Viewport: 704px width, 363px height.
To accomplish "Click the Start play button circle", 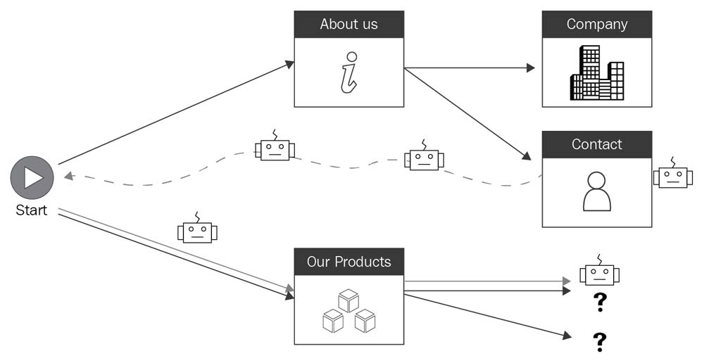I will click(32, 177).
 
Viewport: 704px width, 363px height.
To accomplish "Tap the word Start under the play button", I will click(31, 210).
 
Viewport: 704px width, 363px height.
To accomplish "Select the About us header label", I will click(348, 24).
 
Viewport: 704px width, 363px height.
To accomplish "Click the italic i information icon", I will click(348, 72).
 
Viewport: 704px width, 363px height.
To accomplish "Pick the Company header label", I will click(596, 24).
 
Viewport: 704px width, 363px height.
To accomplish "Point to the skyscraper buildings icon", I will click(597, 72).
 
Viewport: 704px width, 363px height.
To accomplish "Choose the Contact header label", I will click(596, 144).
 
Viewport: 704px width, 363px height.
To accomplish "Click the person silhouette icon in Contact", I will click(596, 191).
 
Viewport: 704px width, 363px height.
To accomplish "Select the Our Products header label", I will click(348, 262).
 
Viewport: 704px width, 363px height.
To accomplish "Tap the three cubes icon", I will click(348, 311).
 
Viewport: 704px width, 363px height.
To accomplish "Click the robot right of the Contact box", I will click(672, 176).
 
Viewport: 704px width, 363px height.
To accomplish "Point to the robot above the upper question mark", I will click(599, 274).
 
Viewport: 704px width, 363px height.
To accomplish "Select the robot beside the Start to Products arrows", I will click(197, 231).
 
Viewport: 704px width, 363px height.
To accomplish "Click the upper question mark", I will click(600, 302).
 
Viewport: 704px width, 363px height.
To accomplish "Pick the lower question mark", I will click(600, 342).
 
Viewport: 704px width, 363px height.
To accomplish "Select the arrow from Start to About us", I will click(176, 113).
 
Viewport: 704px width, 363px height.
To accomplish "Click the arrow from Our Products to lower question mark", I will click(486, 316).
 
